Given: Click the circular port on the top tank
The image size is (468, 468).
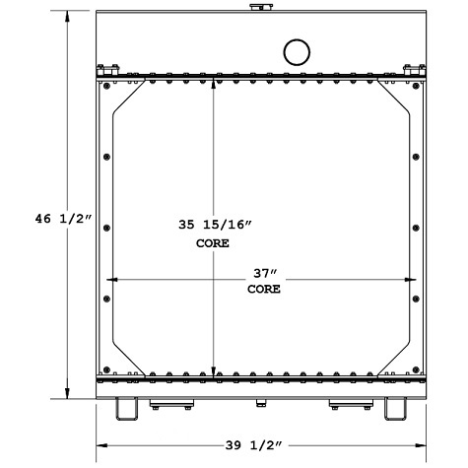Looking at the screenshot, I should pos(296,50).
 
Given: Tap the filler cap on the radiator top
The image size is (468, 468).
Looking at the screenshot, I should pos(258,9).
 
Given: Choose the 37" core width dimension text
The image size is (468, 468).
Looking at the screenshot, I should pos(264,273).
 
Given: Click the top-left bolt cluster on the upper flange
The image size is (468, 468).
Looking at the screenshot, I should pos(109,68).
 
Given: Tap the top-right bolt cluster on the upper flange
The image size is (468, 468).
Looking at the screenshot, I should pos(411,68).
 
